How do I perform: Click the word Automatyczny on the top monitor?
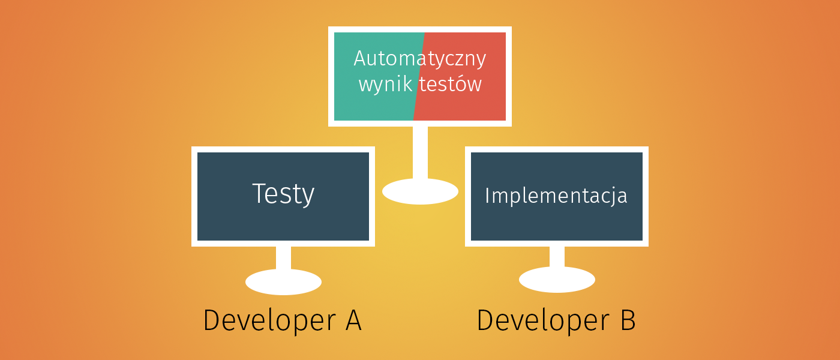pos(419,59)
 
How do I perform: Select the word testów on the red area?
pos(451,84)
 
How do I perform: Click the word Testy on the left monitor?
pos(283,194)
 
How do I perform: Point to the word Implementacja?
pos(556,196)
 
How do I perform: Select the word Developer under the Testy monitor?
pos(269,320)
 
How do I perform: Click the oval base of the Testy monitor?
pos(283,282)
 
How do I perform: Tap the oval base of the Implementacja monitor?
pos(557,280)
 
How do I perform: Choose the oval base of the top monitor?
pos(420,191)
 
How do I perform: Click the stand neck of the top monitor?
pos(420,152)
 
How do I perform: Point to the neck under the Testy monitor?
pos(283,258)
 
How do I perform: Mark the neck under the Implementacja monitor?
pos(557,257)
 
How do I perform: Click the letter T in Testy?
pos(259,193)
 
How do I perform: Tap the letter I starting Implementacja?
pos(487,196)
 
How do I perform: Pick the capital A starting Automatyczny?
pos(361,59)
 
